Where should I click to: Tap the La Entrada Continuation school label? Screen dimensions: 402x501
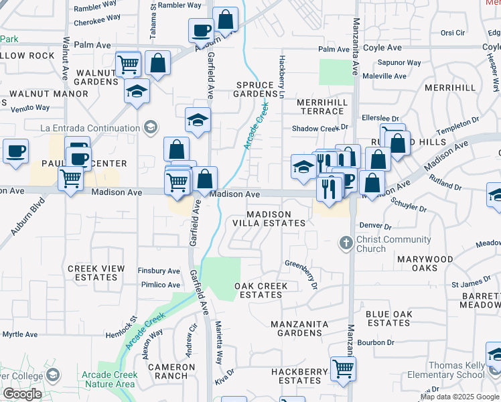point(90,128)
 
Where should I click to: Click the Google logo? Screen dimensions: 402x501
point(22,394)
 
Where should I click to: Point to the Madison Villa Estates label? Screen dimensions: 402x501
point(276,218)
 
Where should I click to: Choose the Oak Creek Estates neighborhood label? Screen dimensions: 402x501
point(261,290)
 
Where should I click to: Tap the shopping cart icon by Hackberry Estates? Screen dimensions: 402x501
point(343,368)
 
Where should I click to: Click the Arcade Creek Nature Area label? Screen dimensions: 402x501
point(107,379)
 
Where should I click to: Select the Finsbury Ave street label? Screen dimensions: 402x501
point(159,271)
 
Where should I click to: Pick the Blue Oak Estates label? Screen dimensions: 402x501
point(388,318)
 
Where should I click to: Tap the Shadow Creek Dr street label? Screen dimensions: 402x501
point(321,128)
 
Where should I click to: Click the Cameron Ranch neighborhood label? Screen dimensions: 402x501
point(171,371)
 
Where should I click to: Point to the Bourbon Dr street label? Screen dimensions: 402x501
point(376,342)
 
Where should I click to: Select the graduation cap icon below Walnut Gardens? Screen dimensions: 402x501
point(137,90)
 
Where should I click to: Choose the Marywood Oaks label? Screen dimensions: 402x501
point(425,263)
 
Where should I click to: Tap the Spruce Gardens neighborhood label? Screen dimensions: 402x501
point(255,90)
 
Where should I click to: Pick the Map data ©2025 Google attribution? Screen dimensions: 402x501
point(459,397)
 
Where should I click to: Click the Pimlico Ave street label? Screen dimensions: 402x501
point(159,285)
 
